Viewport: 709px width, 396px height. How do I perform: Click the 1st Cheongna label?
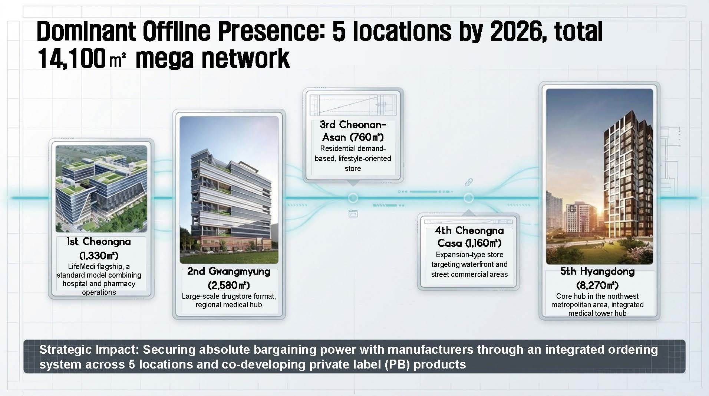point(99,242)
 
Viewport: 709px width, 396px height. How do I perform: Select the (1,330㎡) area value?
point(99,256)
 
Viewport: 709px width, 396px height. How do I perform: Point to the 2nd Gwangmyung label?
point(229,272)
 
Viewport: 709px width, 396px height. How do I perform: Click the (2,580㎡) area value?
point(229,285)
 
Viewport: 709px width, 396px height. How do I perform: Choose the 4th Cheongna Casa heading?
point(469,237)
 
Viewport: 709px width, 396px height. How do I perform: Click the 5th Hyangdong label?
point(597,271)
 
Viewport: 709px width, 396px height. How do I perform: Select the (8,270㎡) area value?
point(597,285)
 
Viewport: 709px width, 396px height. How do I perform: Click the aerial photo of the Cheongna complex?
point(101,189)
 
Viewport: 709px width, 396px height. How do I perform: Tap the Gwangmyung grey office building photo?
point(229,190)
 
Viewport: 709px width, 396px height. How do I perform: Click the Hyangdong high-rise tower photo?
point(599,176)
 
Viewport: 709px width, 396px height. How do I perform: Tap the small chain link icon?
point(469,182)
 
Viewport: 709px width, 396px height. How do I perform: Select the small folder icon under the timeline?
point(353,213)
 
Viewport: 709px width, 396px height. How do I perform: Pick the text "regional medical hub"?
point(229,305)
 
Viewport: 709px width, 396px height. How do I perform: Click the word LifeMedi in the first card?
point(81,266)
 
